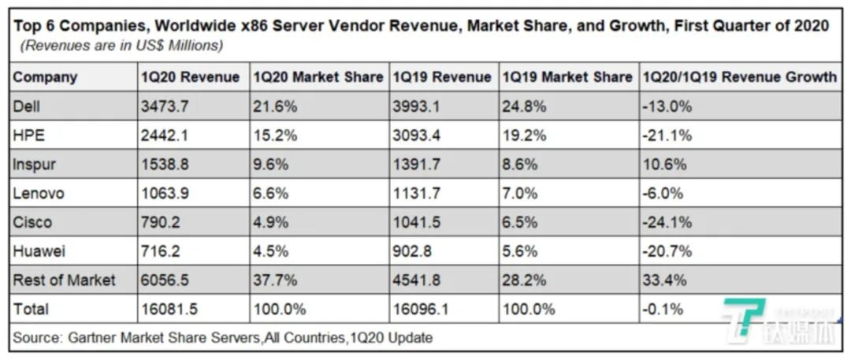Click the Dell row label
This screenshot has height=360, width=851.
coord(26,106)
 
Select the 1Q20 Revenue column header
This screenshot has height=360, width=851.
coord(190,77)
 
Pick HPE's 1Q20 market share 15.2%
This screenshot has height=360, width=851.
coord(274,135)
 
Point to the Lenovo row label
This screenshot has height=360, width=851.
coord(39,193)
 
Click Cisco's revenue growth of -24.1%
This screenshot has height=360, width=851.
coord(668,222)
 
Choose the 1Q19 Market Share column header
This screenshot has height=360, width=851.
coord(567,77)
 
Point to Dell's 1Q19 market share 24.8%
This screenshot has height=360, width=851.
coord(524,106)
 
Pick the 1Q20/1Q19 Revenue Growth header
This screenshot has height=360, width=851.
coord(740,77)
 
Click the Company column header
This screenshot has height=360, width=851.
coord(45,77)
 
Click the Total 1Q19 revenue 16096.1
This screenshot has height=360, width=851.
coord(420,309)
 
